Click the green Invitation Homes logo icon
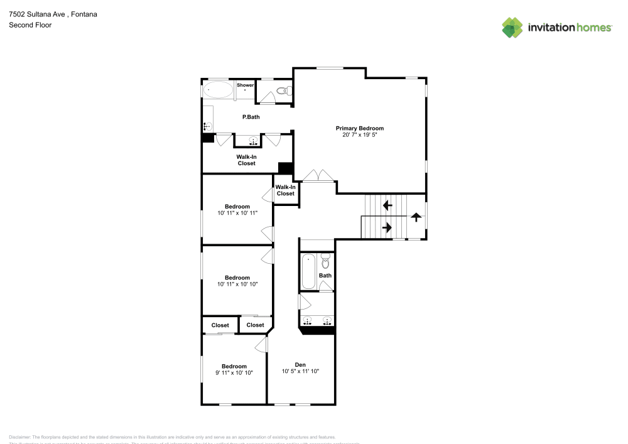coord(512,27)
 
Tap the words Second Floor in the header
coord(30,25)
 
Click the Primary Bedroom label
coord(359,128)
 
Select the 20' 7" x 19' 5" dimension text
coord(359,135)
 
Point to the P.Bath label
coord(251,117)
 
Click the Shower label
coord(245,85)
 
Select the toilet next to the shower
coord(282,91)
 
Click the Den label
coord(300,364)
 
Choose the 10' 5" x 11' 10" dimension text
coord(300,371)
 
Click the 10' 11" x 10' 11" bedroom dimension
coord(237,213)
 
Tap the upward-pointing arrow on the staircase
coord(415,217)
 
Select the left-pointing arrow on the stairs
coord(387,205)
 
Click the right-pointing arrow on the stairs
coord(387,227)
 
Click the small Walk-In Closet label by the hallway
coord(285,190)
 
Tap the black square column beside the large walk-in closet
coord(286,168)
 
